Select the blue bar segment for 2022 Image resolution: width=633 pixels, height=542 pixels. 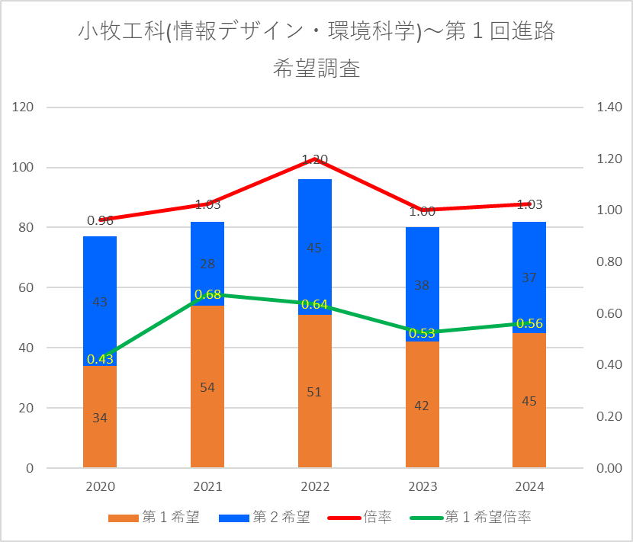(x=315, y=229)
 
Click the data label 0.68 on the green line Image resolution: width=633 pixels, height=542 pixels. (x=208, y=294)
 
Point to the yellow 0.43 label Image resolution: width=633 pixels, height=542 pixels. (x=100, y=359)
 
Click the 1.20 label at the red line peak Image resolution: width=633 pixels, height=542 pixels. (x=315, y=159)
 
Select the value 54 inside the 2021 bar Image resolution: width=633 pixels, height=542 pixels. (x=207, y=387)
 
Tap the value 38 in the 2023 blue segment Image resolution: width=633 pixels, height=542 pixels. (x=422, y=286)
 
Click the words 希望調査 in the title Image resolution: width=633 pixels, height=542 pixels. (x=316, y=69)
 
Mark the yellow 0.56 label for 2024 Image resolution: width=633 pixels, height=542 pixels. (x=529, y=323)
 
